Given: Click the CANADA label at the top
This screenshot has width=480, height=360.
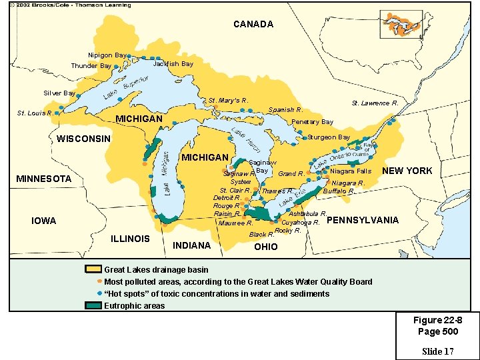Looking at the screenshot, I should coord(253,24).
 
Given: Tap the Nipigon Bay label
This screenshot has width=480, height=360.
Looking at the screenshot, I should coord(107,55).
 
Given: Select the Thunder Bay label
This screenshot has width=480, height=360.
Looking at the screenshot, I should coord(91,66).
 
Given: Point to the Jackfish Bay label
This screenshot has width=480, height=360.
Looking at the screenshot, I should coord(173,64).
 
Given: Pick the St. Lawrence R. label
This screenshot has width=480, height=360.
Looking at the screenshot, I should coord(375,103).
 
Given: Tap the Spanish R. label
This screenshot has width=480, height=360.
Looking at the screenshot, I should coord(285,109).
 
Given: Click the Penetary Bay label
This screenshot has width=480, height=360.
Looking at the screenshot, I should coord(313,122).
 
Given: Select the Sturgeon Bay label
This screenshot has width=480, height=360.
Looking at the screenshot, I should coord(329,137).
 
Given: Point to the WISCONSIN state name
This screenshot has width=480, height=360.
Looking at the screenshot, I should coord(83,139).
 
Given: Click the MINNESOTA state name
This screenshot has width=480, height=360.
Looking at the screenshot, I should coord(43,179).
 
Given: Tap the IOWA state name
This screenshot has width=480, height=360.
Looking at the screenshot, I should coord(44,221).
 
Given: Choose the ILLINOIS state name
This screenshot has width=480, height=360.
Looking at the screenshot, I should coord(130,239).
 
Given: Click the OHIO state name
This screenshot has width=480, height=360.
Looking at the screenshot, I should coord(266,247).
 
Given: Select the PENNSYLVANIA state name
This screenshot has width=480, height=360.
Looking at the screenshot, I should coord(363,220).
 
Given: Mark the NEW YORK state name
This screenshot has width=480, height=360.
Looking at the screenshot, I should coord(407,171).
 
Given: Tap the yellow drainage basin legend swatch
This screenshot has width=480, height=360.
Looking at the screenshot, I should coord(93,269).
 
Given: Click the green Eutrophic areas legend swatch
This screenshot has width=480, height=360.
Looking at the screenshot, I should coord(93,305).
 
